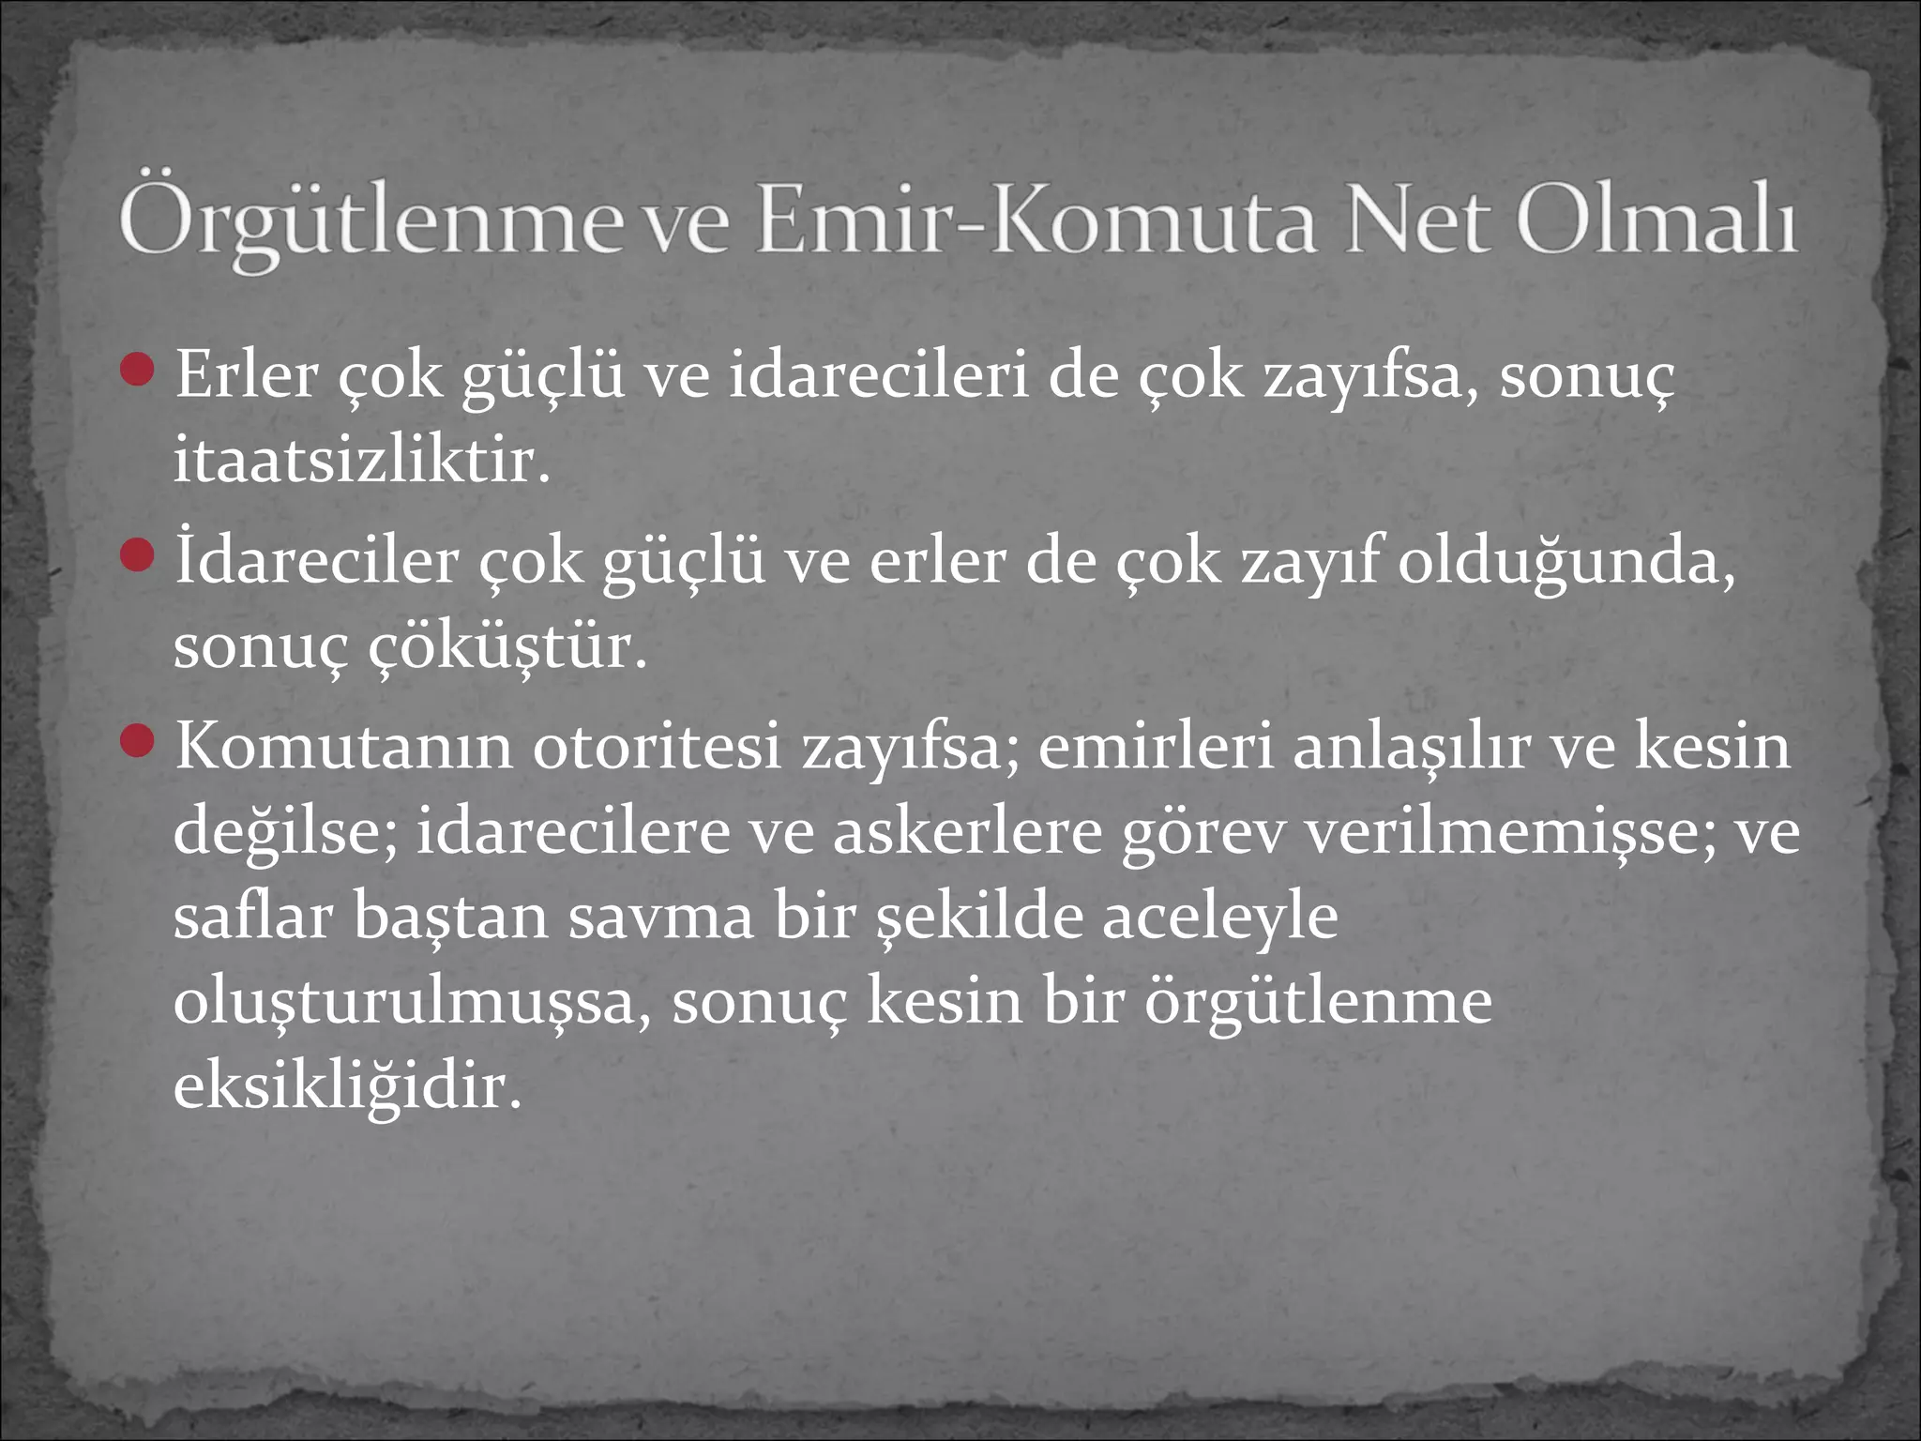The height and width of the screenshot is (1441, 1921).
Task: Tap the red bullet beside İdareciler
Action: (138, 554)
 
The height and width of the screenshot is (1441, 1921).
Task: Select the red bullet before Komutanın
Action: (138, 741)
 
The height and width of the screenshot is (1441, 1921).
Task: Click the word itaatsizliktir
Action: (361, 461)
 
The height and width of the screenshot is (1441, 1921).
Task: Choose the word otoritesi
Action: (657, 748)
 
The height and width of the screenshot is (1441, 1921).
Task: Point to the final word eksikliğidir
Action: (347, 1086)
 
